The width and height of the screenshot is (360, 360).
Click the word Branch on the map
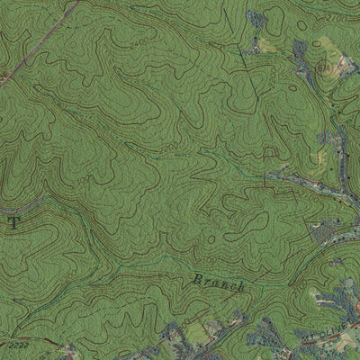[x=219, y=283]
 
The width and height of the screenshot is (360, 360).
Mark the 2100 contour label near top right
[x=335, y=18]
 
